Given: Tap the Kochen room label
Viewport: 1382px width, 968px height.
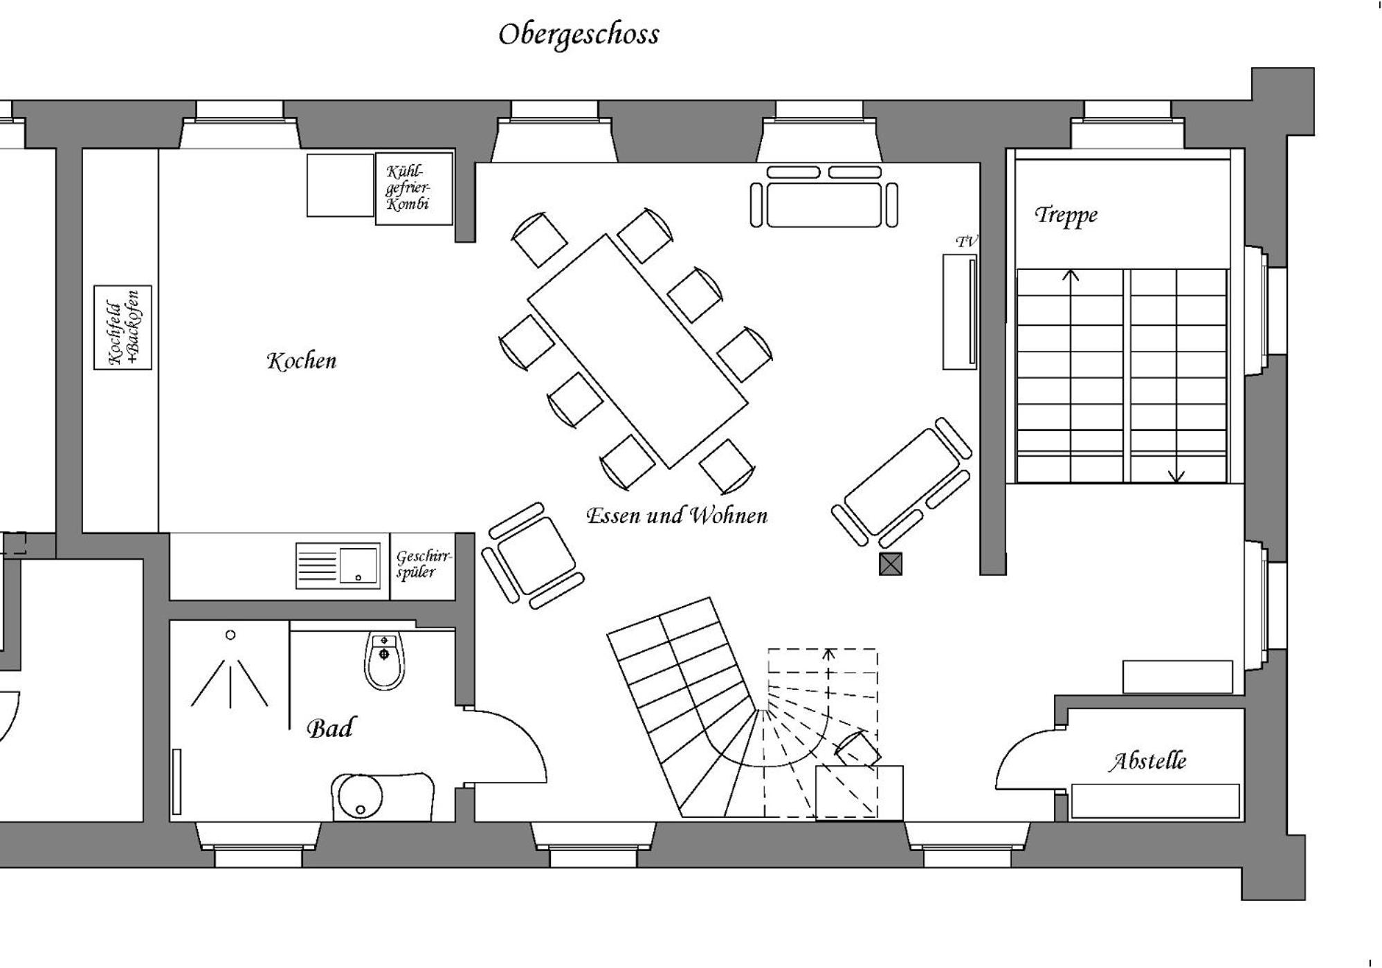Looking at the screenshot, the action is pos(302,360).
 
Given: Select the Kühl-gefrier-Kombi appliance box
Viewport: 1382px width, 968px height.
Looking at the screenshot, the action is pos(414,189).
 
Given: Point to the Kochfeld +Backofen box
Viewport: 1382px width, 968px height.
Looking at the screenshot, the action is pos(123,327).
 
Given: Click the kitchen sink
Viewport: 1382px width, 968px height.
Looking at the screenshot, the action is pos(338,566).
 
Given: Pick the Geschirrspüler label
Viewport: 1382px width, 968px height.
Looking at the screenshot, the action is pos(424,564).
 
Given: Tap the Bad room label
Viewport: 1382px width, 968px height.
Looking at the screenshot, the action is pos(329,728).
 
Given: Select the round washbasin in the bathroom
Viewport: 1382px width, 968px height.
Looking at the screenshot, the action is pos(357,796).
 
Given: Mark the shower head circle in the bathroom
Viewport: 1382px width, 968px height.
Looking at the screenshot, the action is pos(230,634).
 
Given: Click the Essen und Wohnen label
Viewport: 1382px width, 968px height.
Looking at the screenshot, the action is pos(677,515).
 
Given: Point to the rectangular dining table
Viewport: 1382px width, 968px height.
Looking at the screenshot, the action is pos(637,351).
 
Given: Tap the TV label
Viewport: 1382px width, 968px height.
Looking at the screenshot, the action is pos(967,241).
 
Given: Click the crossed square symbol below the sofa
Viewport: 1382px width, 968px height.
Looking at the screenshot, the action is pos(891,564).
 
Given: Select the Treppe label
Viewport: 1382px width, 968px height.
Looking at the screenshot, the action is pos(1066,215).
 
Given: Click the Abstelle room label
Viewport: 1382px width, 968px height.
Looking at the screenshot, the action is pos(1147,761).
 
